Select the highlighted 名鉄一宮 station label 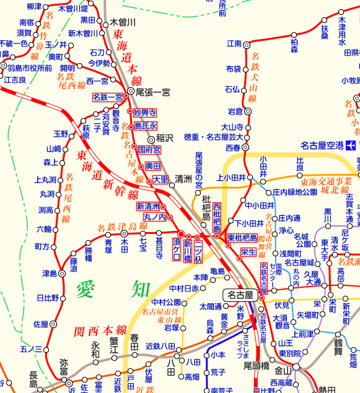pos(108,97)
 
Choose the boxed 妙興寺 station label pos(146,113)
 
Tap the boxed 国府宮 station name pos(149,150)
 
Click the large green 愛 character pos(88,290)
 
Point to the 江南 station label pos(234,44)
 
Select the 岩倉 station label pos(235,111)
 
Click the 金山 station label pos(283,371)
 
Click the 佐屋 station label pos(41,324)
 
